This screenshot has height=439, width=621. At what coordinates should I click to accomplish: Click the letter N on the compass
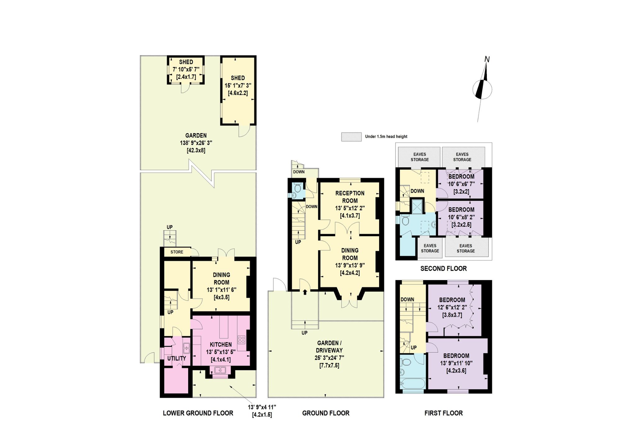(487, 59)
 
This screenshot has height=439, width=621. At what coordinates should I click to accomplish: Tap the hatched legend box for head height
(351, 137)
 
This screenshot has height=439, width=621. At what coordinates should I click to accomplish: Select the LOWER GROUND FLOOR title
(198, 413)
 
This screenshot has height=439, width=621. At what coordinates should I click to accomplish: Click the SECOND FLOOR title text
(443, 269)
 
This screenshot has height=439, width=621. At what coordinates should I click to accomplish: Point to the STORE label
(177, 252)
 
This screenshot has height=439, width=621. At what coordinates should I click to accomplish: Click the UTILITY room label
(177, 358)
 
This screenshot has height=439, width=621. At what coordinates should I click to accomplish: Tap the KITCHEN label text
(221, 345)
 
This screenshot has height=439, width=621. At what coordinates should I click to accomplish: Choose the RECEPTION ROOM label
(350, 197)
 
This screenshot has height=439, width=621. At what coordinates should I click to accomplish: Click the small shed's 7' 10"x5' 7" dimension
(186, 70)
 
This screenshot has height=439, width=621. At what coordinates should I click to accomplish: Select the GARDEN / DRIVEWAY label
(329, 346)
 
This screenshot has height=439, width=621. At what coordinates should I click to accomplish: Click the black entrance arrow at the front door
(305, 292)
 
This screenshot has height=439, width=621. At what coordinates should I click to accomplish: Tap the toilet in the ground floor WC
(297, 188)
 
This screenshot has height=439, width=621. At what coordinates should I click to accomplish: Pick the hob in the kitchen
(242, 340)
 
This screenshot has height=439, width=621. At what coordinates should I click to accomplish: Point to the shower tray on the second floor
(417, 207)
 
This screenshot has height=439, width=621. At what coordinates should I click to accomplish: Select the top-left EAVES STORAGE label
(420, 157)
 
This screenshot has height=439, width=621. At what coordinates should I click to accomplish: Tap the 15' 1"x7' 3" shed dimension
(238, 85)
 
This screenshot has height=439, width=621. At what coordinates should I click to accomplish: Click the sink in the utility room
(186, 348)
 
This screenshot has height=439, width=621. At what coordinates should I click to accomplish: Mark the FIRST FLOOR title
(443, 413)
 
